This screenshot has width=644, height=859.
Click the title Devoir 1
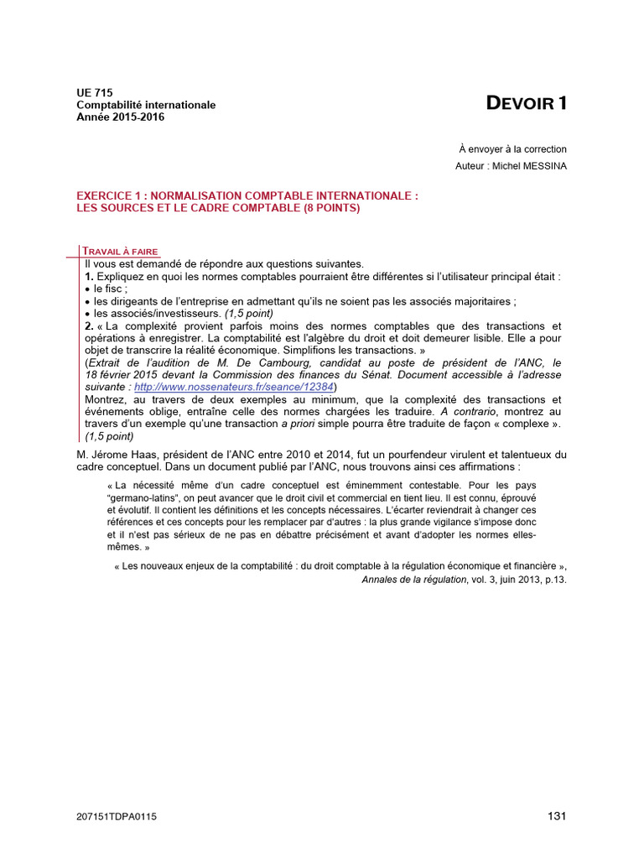527,104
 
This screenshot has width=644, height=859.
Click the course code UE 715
95,93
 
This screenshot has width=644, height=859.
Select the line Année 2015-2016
121,117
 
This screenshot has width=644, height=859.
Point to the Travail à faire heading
120,252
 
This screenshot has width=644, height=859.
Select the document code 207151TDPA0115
117,817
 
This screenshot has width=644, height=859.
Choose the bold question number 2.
89,325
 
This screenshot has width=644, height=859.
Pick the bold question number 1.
89,276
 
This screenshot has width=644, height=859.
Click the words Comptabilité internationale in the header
146,105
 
